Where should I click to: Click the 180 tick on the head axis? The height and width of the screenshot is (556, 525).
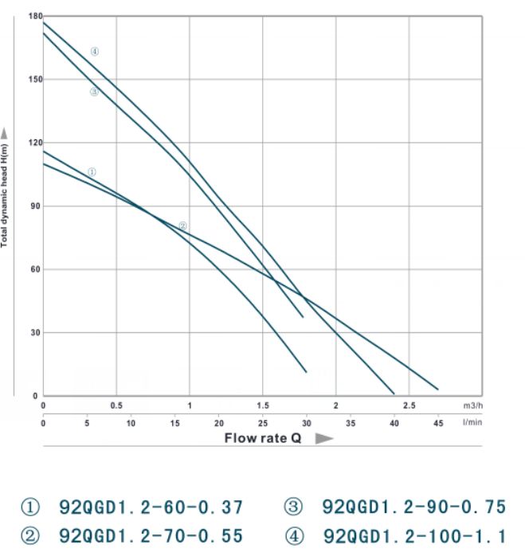click(33, 16)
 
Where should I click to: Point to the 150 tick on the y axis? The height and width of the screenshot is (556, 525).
click(33, 80)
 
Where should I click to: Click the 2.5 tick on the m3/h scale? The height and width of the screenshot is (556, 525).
click(409, 406)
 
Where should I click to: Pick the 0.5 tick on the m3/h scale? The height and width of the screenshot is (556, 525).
click(116, 406)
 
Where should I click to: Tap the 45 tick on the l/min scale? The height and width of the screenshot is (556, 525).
click(437, 422)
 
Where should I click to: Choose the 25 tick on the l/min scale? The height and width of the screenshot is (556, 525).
click(262, 422)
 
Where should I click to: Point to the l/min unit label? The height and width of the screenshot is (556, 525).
click(472, 422)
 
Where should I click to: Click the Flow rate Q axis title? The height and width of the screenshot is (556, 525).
click(262, 438)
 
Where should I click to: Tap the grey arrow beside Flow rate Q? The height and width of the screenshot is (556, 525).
click(323, 438)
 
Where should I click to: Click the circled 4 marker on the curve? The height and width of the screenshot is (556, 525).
click(94, 52)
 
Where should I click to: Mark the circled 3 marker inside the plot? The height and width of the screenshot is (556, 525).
click(94, 92)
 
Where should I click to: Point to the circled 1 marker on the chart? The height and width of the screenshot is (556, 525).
click(92, 171)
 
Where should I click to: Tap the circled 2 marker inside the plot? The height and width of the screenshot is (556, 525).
click(182, 225)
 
